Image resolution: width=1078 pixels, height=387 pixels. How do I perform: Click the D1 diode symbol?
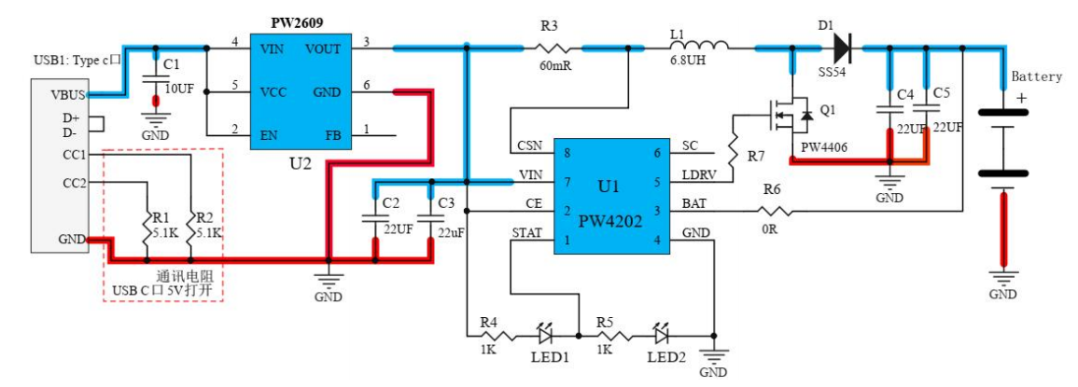[x=842, y=46]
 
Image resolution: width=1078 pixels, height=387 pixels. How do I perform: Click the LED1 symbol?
[x=546, y=334]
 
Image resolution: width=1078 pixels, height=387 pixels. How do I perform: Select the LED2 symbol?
[x=662, y=334]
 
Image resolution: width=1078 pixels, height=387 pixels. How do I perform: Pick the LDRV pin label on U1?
[x=698, y=175]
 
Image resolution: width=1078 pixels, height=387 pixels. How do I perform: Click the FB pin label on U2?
[x=332, y=136]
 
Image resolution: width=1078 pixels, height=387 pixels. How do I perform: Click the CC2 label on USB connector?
[x=75, y=183]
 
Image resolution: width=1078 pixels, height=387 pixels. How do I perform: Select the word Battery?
[x=1036, y=76]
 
